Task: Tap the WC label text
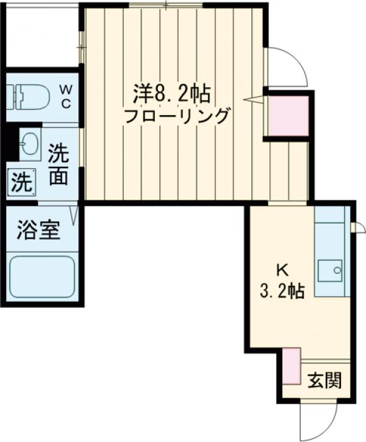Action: [x=65, y=96]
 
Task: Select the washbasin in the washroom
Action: [x=30, y=143]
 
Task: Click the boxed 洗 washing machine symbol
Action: [x=21, y=182]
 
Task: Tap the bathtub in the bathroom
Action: [x=42, y=277]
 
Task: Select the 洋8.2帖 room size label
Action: [x=173, y=93]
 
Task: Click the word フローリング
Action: [x=178, y=116]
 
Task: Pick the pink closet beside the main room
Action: [x=288, y=115]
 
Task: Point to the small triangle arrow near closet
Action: [x=253, y=99]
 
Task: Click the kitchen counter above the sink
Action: [x=329, y=235]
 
